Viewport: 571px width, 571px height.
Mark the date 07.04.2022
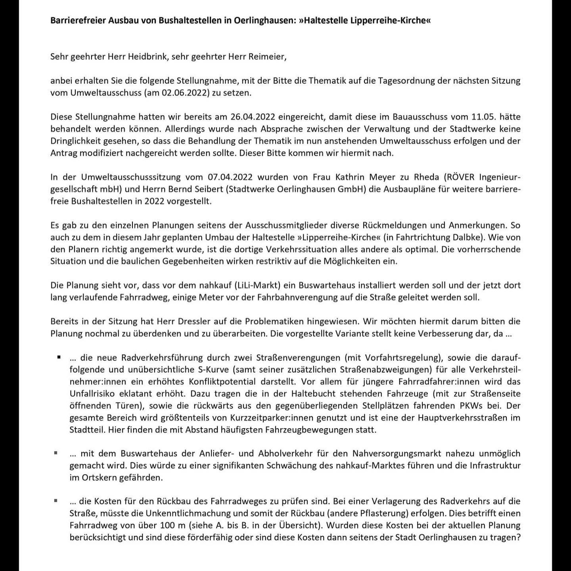coord(230,177)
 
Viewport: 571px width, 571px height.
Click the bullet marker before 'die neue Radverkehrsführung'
coord(59,357)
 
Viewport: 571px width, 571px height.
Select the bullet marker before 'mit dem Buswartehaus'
coord(56,453)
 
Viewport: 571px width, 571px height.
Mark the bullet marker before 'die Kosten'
coord(56,501)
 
